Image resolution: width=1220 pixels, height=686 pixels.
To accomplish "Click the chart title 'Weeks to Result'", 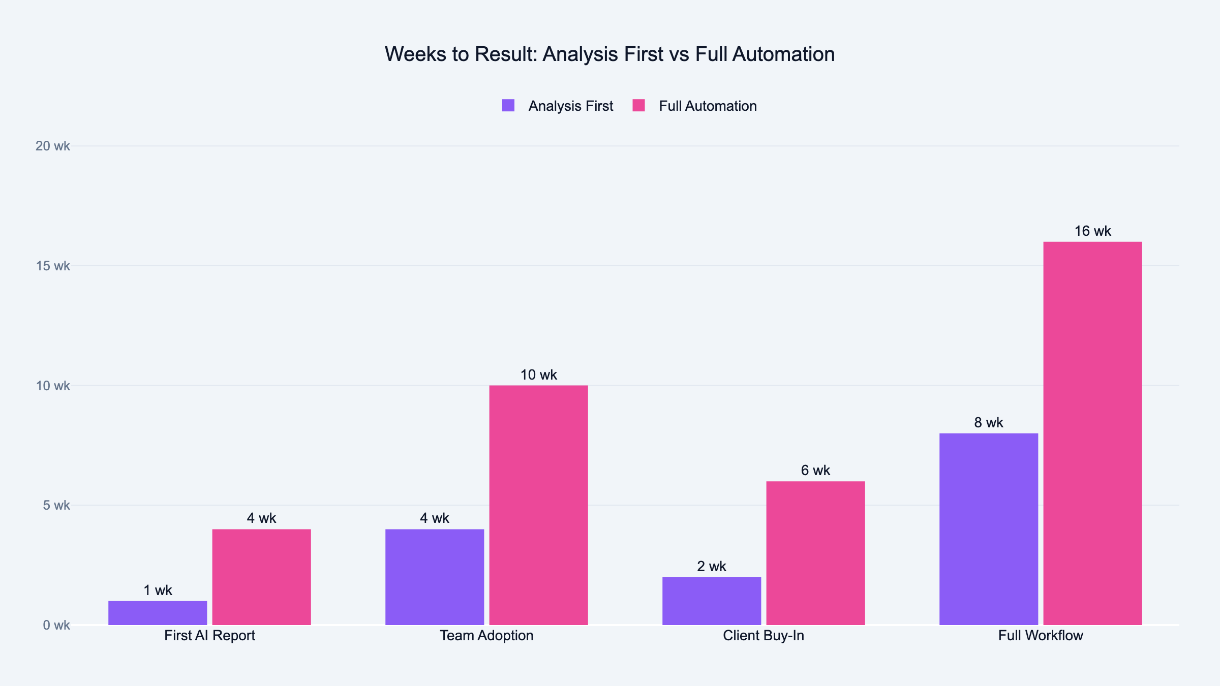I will [609, 54].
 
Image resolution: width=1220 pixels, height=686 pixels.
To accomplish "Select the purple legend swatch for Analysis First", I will [508, 106].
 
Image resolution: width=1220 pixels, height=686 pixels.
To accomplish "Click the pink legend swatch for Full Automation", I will [638, 106].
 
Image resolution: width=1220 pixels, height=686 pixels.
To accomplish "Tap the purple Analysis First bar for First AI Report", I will [158, 613].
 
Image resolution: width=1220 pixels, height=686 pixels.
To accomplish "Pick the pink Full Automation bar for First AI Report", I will [261, 577].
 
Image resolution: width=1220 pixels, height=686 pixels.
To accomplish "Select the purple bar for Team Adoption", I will [435, 577].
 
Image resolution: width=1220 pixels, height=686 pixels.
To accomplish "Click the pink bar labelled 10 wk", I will [538, 505].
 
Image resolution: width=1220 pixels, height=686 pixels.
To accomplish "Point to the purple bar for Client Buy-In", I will [712, 601].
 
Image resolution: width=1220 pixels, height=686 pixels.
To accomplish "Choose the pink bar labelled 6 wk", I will [815, 553].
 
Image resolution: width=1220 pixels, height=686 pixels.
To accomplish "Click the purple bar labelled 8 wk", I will [989, 529].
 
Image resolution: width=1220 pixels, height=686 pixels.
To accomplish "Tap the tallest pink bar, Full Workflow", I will [1092, 433].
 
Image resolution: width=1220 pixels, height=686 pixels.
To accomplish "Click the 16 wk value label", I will [1092, 231].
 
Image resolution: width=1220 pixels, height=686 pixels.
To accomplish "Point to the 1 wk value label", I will [158, 590].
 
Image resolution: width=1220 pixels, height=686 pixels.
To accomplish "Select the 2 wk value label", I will [712, 566].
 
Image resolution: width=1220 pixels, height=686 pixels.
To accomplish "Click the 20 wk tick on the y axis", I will [53, 146].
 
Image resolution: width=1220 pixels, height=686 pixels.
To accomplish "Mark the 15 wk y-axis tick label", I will [53, 266].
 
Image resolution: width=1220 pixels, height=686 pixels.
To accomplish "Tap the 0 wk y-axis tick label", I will [56, 626].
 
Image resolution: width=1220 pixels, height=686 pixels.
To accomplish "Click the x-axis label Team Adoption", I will [486, 636].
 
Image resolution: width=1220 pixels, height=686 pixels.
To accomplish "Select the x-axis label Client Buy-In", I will [764, 636].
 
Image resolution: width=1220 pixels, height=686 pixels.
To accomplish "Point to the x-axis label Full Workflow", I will [1041, 636].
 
